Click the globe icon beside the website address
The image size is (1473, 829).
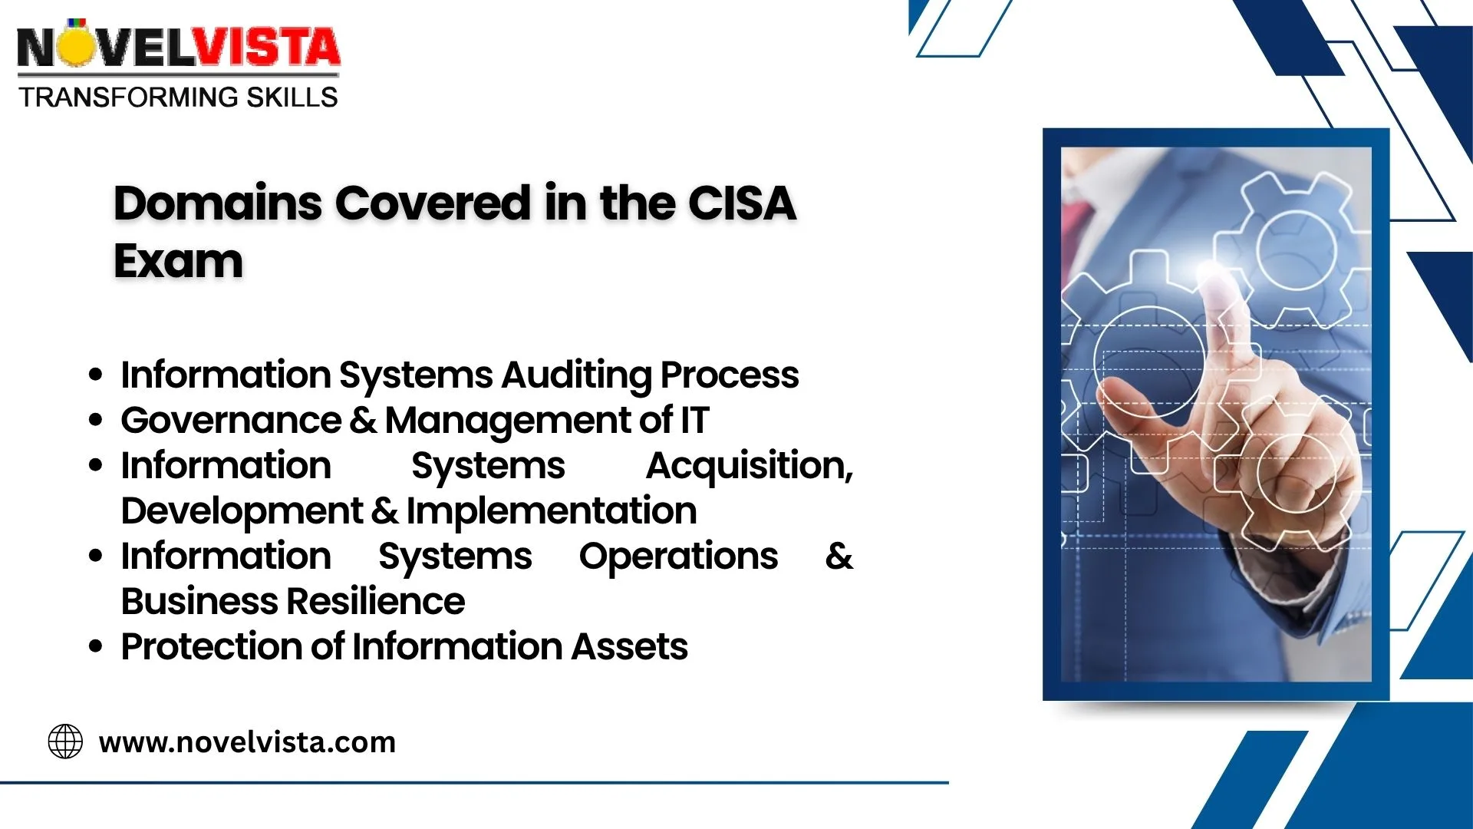(x=65, y=741)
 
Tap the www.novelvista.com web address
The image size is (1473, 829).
(x=247, y=742)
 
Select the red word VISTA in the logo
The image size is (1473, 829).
(x=265, y=47)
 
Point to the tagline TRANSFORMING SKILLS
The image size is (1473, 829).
(x=178, y=97)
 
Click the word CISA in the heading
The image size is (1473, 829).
(x=742, y=203)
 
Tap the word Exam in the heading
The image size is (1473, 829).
(x=178, y=261)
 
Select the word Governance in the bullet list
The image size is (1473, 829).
(x=231, y=420)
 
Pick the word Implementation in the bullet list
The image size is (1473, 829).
(x=552, y=511)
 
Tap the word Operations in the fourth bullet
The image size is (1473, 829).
(x=678, y=557)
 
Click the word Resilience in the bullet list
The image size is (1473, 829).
(x=375, y=601)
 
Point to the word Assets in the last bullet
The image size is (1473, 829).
(x=629, y=646)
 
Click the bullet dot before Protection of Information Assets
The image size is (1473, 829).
(x=95, y=647)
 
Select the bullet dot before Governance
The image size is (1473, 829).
(x=95, y=421)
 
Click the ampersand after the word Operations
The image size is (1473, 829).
(x=839, y=556)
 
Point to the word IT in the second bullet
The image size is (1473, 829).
(x=694, y=421)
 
